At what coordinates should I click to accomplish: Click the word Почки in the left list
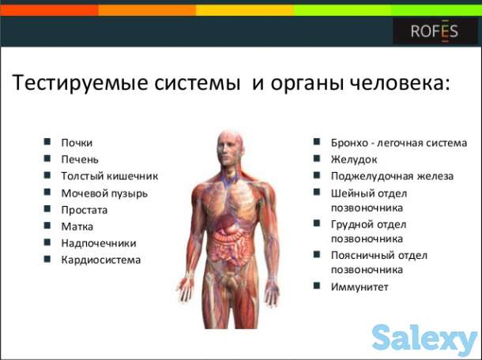click(x=77, y=142)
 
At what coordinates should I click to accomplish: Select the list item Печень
click(x=80, y=159)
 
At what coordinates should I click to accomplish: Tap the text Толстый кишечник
click(x=109, y=176)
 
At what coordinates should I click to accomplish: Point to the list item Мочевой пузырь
click(x=104, y=193)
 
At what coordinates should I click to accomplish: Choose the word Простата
click(x=85, y=210)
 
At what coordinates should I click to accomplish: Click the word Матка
click(x=77, y=227)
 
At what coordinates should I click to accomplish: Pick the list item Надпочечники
click(x=99, y=243)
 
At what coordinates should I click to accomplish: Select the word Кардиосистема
click(x=101, y=260)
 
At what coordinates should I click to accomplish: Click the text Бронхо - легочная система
click(x=394, y=142)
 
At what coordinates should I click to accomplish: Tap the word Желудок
click(x=353, y=159)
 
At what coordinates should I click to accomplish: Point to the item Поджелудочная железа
click(x=392, y=176)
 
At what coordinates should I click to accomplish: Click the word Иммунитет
click(x=360, y=287)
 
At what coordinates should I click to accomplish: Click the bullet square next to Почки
click(x=48, y=142)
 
